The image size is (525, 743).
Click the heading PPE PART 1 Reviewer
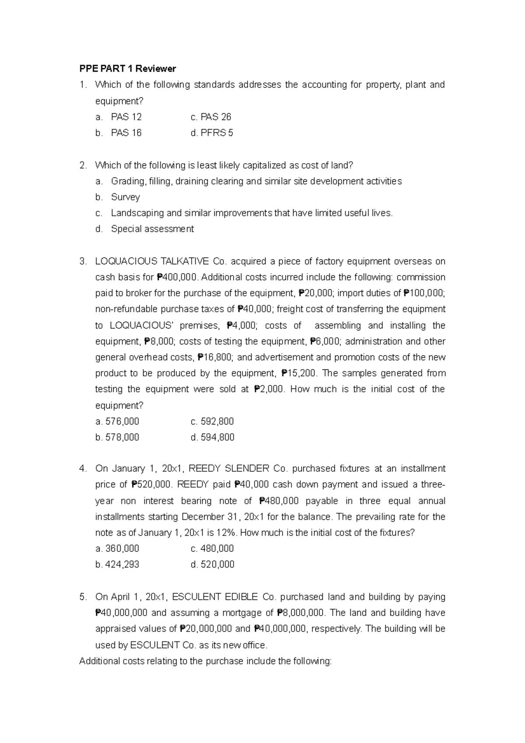pos(127,69)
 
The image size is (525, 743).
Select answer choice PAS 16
pos(126,133)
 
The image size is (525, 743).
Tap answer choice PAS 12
pos(126,117)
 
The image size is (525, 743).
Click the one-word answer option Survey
pos(125,197)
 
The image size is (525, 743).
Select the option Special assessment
pos(152,229)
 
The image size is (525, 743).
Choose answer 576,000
pos(122,421)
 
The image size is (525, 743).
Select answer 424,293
pos(122,564)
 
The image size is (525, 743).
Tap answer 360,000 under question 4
pos(122,549)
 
